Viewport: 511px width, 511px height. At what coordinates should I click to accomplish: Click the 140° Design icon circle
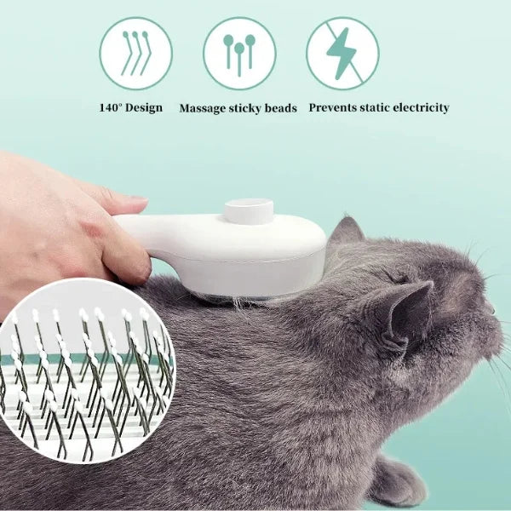coord(135,54)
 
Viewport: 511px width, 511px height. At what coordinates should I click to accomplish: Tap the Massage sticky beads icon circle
coord(239,54)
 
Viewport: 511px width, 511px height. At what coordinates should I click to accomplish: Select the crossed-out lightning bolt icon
coord(342,54)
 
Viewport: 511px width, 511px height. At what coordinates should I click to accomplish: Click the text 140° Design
coord(130,108)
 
